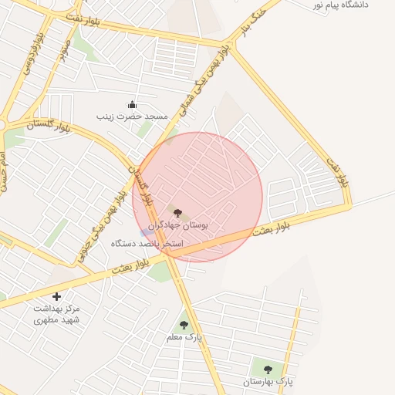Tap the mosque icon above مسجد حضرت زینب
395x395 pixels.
(x=132, y=105)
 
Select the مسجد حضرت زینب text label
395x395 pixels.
(x=132, y=116)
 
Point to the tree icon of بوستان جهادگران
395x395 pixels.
(x=177, y=212)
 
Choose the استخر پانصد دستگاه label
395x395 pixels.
(x=147, y=244)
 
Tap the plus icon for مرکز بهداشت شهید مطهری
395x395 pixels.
(x=56, y=295)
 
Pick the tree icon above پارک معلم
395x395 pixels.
(x=184, y=326)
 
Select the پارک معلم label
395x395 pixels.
(x=184, y=338)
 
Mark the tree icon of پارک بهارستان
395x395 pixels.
(x=268, y=370)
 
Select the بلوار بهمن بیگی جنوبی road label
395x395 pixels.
(x=99, y=228)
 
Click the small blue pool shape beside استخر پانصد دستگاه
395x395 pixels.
(x=146, y=232)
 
